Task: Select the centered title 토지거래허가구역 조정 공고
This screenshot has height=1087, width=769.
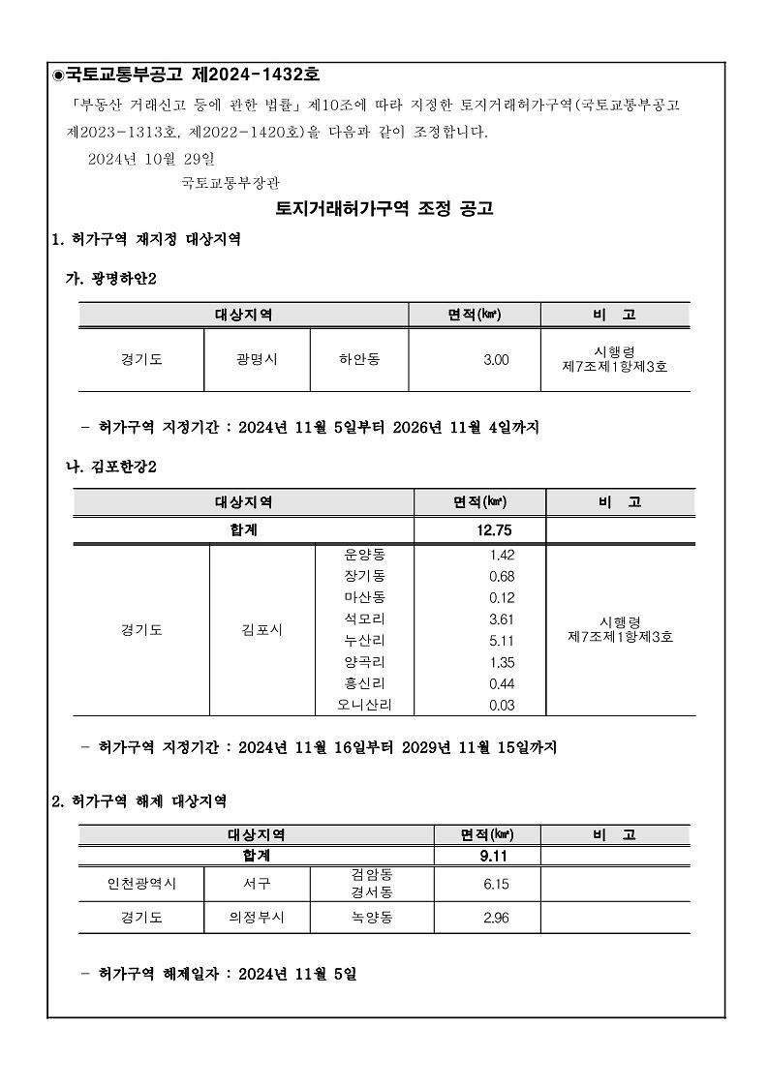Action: [384, 208]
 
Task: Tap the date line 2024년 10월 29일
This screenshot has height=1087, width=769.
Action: [151, 158]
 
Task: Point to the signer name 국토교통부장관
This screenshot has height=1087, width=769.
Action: [231, 182]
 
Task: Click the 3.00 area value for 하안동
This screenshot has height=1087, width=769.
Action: [496, 360]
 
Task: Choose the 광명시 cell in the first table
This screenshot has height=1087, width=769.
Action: [257, 359]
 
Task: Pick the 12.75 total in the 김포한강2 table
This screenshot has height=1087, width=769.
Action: [494, 529]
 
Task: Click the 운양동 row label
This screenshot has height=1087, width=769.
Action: [364, 555]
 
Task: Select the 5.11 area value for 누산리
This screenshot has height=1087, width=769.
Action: [502, 641]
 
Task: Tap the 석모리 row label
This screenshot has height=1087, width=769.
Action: [364, 619]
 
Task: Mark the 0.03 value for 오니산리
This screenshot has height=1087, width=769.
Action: [502, 706]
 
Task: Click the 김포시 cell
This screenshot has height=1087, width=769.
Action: [261, 630]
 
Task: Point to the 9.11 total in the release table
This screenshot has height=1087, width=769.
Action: [494, 856]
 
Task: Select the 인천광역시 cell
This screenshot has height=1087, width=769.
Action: [141, 884]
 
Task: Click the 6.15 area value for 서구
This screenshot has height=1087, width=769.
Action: [496, 884]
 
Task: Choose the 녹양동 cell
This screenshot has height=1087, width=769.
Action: [372, 918]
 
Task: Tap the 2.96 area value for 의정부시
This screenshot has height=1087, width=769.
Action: [496, 918]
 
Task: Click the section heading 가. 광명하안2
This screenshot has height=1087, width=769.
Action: [110, 279]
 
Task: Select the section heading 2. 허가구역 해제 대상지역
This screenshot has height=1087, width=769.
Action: [139, 801]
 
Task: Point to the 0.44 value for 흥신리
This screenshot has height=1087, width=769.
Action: [502, 684]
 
